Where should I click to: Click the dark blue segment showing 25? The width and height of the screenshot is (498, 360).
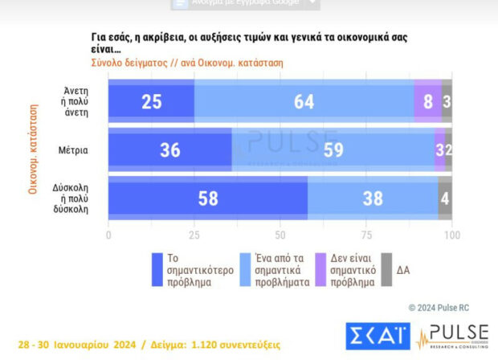[151, 102]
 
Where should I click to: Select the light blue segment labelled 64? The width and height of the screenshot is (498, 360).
[304, 102]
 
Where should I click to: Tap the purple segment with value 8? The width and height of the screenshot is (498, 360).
[427, 102]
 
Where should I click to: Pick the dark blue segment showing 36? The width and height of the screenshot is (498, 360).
[169, 150]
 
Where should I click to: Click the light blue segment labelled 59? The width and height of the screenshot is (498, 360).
[333, 150]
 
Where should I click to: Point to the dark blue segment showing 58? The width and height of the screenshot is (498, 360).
[207, 198]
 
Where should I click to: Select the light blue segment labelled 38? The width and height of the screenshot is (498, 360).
[373, 198]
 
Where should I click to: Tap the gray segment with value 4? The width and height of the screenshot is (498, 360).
[445, 198]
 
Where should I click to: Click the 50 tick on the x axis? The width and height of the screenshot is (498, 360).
[280, 235]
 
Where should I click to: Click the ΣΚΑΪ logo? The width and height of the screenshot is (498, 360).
[378, 335]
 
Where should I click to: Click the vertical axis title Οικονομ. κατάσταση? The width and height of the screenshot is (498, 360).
[34, 149]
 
